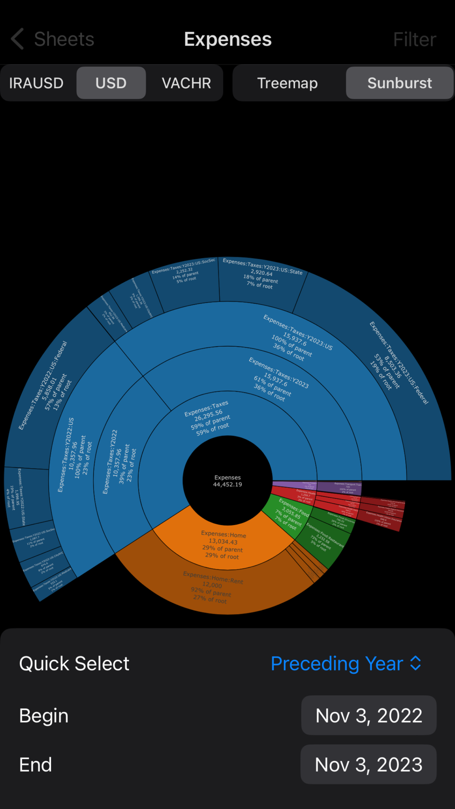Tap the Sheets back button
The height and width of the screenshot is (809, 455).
pyautogui.click(x=52, y=40)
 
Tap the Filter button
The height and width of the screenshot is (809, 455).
pyautogui.click(x=414, y=40)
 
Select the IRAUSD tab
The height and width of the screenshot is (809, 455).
pyautogui.click(x=36, y=83)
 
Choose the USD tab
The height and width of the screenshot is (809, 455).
pyautogui.click(x=111, y=83)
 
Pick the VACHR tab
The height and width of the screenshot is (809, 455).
pyautogui.click(x=186, y=83)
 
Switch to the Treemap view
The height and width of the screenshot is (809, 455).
pyautogui.click(x=287, y=83)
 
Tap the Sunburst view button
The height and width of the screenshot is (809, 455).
pyautogui.click(x=399, y=83)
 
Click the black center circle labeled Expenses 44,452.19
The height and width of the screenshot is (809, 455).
pyautogui.click(x=227, y=480)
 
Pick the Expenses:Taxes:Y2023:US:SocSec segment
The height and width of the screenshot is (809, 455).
pyautogui.click(x=184, y=282)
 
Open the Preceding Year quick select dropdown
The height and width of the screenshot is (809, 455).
pyautogui.click(x=346, y=663)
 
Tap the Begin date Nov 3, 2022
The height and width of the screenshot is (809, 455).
pyautogui.click(x=369, y=715)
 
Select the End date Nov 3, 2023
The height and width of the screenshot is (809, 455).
pyautogui.click(x=369, y=764)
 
